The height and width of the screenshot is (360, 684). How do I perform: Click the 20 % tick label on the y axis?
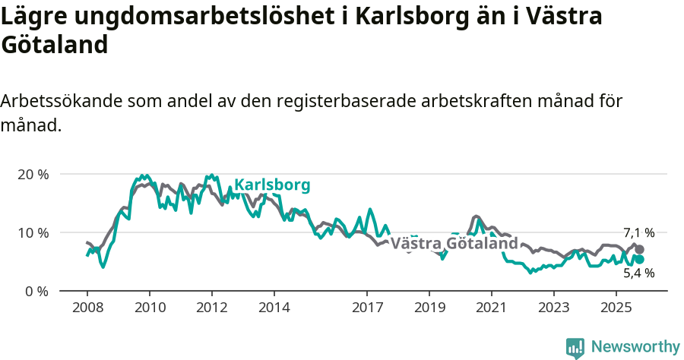pos(32,174)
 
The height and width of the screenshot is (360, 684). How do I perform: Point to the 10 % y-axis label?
pos(32,232)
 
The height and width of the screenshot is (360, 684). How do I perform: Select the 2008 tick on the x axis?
pos(87,308)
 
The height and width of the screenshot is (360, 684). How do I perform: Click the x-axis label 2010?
pos(149,308)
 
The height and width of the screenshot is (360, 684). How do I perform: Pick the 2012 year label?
pos(211,308)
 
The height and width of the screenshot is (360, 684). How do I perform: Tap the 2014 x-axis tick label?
pos(274,308)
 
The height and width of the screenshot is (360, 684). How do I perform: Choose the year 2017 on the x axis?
pos(367,308)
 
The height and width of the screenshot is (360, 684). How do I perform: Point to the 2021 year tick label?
pos(491,308)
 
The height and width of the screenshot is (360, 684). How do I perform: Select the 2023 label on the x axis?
pos(553,308)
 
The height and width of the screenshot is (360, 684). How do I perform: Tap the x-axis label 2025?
pos(616,308)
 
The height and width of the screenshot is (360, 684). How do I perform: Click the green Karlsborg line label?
pos(272,185)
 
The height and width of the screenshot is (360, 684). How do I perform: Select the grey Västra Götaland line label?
pos(454,244)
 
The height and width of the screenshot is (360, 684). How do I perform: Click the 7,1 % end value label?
pos(638,233)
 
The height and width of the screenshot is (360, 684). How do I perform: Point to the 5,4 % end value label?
pos(638,273)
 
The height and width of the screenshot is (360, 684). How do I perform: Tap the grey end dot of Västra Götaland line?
pos(640,249)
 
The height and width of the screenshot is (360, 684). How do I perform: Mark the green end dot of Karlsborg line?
pos(640,260)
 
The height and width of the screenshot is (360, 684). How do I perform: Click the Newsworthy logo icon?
pos(575,347)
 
